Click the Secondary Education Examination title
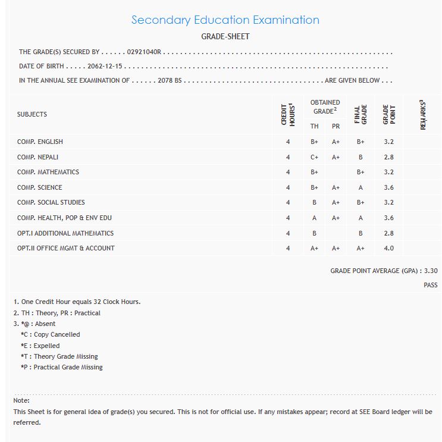tap(225, 20)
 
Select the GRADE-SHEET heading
tap(225, 37)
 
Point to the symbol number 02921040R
tap(144, 52)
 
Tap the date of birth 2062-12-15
tap(105, 67)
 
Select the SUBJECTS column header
tap(32, 114)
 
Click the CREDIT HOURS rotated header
tap(288, 114)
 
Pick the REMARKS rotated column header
tap(423, 115)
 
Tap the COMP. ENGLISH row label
tap(40, 142)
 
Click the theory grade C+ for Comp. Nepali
tap(315, 157)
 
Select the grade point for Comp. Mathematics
tap(389, 173)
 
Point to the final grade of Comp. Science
tap(361, 187)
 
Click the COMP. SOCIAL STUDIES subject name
tap(51, 203)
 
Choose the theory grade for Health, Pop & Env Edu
tap(315, 218)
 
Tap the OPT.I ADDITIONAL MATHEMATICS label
tap(65, 233)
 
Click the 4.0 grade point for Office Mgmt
tap(389, 249)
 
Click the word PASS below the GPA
tap(431, 286)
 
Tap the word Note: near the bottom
tap(21, 401)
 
